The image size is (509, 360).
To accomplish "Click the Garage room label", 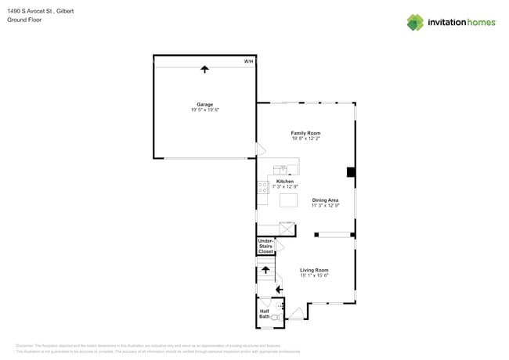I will click(x=204, y=104).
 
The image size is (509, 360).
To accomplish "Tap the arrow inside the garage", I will click(x=205, y=70).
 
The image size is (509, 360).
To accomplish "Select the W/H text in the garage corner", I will click(x=248, y=61).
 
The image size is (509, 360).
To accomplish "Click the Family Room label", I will click(x=305, y=133).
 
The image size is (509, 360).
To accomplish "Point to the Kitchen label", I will click(x=285, y=182).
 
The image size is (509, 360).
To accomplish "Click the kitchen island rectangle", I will click(x=288, y=200).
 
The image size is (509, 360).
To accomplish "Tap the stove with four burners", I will click(x=263, y=188).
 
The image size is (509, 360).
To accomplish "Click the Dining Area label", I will click(x=325, y=200).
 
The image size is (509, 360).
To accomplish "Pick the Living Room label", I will click(x=314, y=270).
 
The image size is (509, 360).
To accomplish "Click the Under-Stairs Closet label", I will click(x=266, y=247).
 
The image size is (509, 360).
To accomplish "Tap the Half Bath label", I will click(x=265, y=314).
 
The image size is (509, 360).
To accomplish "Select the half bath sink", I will click(x=265, y=302).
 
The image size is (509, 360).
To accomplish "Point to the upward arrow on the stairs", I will click(x=265, y=271).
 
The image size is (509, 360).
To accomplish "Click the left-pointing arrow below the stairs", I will click(x=278, y=290).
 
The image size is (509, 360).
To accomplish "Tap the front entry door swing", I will click(x=295, y=314).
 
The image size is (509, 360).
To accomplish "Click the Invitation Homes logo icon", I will click(x=415, y=22).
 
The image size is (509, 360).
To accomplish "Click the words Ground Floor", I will click(x=24, y=20).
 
